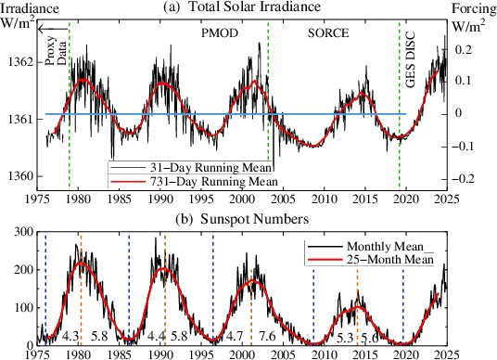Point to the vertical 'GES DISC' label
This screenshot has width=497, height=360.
pyautogui.click(x=413, y=58)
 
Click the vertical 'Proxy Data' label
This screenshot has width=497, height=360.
pyautogui.click(x=56, y=42)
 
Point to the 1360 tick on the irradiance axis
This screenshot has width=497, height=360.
pyautogui.click(x=19, y=176)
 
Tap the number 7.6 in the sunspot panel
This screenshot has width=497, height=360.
pyautogui.click(x=267, y=335)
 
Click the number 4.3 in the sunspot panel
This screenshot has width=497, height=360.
pyautogui.click(x=70, y=335)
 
